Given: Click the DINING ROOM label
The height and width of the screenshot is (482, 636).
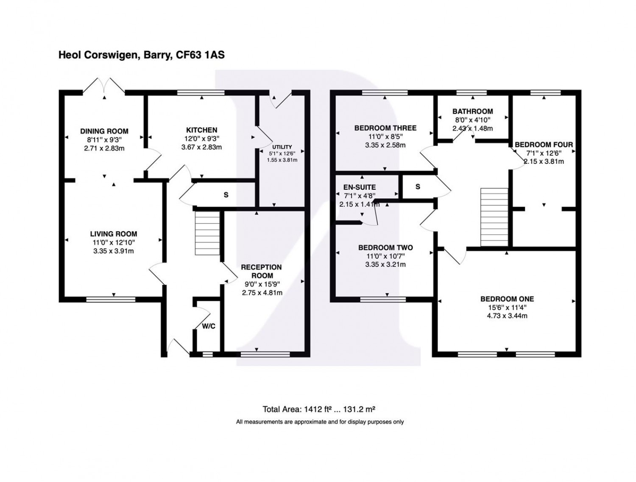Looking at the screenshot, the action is (104, 131).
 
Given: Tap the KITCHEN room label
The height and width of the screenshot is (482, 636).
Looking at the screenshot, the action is (201, 130).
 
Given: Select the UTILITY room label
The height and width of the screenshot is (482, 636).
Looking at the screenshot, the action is (282, 147).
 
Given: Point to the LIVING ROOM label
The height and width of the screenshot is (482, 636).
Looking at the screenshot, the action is (114, 234).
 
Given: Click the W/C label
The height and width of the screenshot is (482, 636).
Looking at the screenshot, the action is (209, 326).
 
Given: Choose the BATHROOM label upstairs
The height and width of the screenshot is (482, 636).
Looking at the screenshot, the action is (473, 111).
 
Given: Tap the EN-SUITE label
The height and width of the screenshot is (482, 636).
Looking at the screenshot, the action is (359, 187).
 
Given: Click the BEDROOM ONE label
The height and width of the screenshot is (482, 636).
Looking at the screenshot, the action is (507, 299).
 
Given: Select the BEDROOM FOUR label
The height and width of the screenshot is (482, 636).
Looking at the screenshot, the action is (544, 144).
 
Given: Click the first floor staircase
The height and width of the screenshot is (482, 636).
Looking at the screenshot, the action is (494, 217).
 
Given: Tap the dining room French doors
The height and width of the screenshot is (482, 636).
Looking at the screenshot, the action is (104, 86).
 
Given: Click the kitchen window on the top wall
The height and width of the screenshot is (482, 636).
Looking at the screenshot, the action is (201, 93).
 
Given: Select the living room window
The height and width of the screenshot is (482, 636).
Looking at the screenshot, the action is (111, 300).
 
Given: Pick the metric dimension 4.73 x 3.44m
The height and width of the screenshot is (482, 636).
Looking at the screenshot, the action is (507, 316).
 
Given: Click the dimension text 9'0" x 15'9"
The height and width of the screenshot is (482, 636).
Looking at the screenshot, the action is (262, 284).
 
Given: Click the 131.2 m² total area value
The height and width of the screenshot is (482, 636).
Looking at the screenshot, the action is (359, 409).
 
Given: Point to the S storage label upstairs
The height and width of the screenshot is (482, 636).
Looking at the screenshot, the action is (418, 187).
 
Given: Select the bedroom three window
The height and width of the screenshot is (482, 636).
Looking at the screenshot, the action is (385, 93).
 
